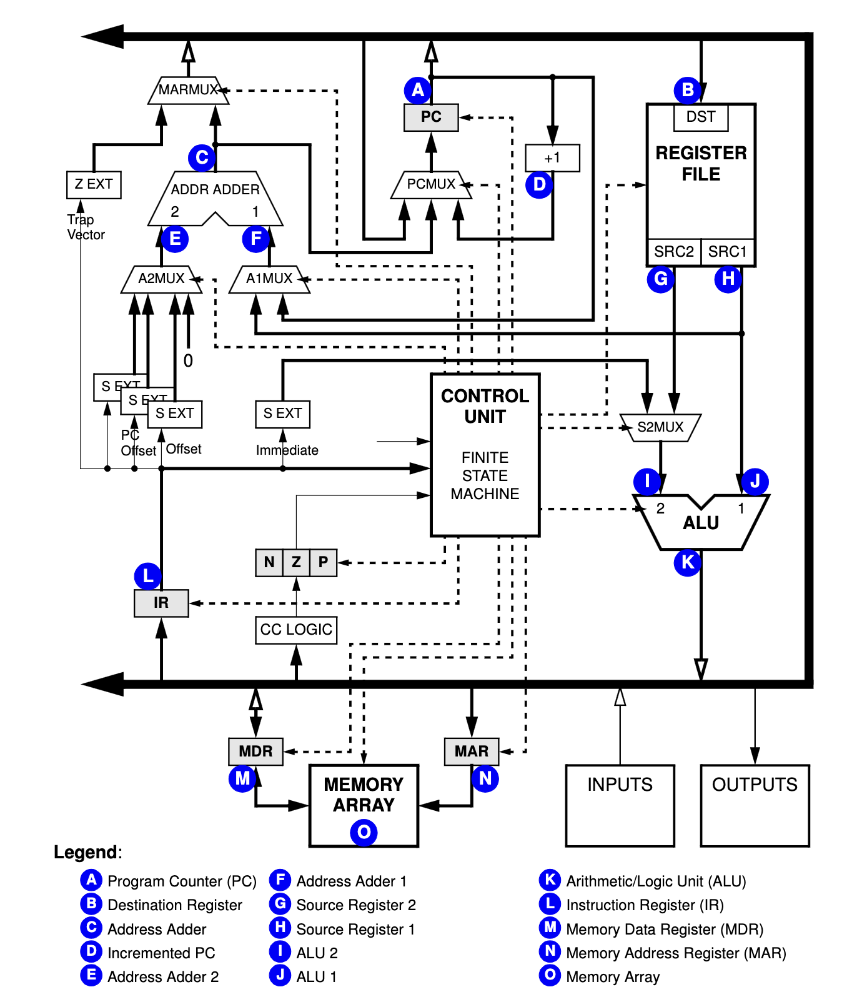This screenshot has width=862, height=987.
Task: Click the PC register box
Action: click(431, 117)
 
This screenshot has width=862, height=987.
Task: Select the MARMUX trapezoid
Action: click(187, 91)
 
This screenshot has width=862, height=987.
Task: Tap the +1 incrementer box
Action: click(552, 158)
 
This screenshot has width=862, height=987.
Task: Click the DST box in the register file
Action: click(700, 117)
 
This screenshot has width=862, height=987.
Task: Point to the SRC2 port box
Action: click(673, 252)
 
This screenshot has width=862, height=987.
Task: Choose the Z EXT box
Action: click(94, 185)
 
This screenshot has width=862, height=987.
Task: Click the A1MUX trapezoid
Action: click(269, 279)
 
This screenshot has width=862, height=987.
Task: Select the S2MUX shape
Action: click(660, 428)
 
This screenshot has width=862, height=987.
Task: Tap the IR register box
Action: click(161, 603)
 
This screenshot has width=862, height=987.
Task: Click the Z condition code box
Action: click(296, 563)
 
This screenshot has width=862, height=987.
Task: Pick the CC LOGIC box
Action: click(296, 630)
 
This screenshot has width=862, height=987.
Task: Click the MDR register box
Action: click(255, 751)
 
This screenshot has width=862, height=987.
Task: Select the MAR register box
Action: click(472, 751)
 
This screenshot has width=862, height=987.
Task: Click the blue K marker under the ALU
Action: click(687, 563)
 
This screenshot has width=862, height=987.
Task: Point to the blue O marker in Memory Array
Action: click(364, 833)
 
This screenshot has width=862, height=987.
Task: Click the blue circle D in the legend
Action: click(91, 952)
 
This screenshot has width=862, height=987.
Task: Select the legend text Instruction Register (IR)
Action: click(645, 905)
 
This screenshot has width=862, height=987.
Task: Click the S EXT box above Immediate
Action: click(282, 414)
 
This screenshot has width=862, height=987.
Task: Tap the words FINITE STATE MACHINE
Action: click(485, 476)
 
